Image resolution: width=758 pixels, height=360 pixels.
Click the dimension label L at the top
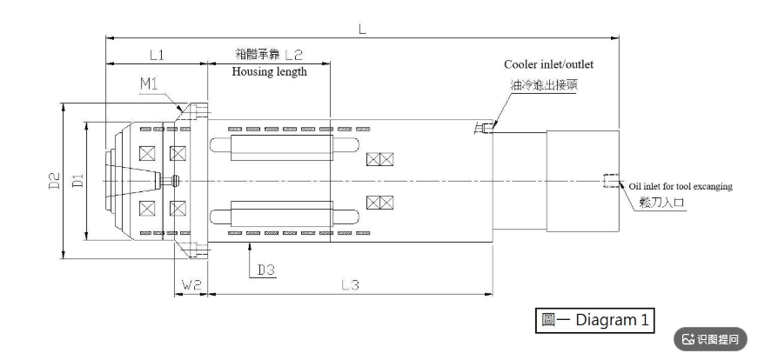click(362, 29)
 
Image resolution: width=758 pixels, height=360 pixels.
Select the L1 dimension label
click(157, 55)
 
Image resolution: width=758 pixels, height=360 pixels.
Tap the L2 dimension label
click(293, 55)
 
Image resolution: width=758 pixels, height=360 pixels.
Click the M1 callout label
click(150, 83)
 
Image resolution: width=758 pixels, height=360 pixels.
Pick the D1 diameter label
click(78, 181)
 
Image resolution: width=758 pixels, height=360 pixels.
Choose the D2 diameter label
click(55, 181)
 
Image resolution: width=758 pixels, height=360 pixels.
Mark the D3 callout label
click(266, 270)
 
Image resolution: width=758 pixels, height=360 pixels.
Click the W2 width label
click(191, 285)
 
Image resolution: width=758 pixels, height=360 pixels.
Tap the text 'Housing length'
click(269, 71)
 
